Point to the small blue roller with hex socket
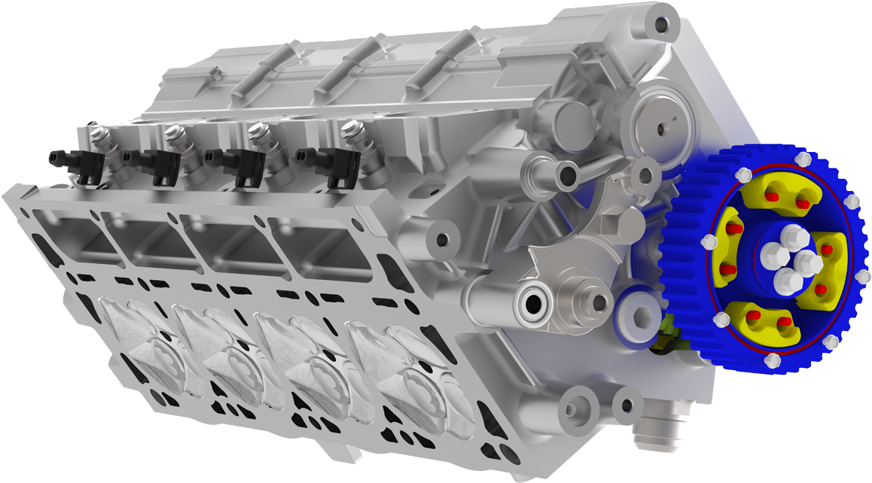[639, 319]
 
